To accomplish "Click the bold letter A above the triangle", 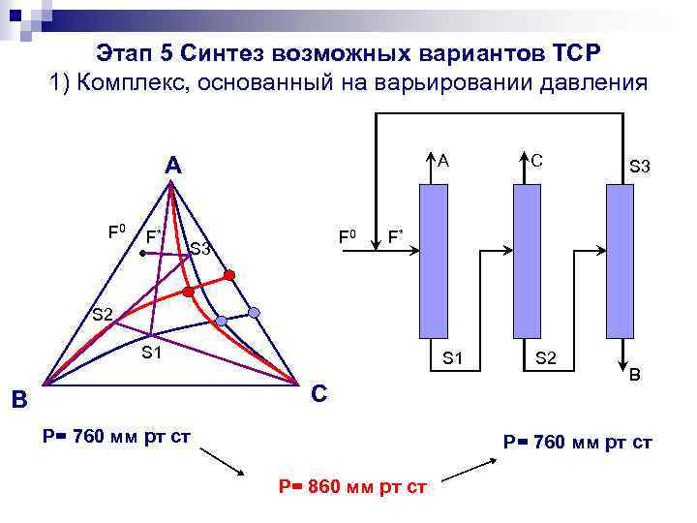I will pos(172,166).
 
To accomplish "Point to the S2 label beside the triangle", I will pos(103,314).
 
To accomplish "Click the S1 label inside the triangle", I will pos(151,352).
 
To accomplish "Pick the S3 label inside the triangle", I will pos(200,249).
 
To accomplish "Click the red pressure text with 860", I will pos(352,485).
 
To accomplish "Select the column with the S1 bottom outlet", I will pos(434,261).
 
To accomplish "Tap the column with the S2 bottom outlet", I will pos(526,261).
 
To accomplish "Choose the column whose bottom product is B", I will pos(619,261).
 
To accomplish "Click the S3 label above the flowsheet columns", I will pos(640,168).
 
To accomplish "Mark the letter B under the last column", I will pos(635,373).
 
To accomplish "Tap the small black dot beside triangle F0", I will pos(141,253).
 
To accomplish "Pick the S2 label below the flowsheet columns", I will pos(546,358).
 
